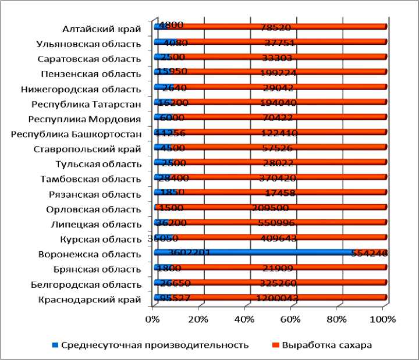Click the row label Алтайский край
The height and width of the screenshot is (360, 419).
click(102, 28)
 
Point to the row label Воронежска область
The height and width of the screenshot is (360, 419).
click(90, 254)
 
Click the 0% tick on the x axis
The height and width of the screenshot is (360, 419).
click(152, 319)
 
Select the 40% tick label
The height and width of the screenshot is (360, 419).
click(245, 319)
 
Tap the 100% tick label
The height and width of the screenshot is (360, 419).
click(384, 319)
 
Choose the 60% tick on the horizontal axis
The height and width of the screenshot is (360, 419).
click(291, 319)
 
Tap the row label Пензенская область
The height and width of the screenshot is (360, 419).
click(91, 74)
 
